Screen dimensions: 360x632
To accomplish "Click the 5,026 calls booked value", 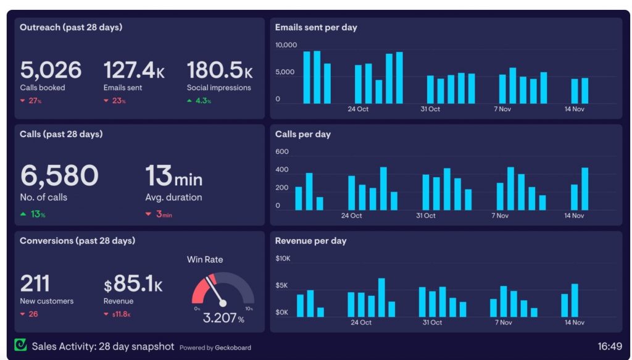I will (x=51, y=70).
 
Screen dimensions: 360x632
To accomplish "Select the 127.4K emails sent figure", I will (x=134, y=70).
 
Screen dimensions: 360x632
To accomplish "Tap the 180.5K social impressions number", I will (x=219, y=70).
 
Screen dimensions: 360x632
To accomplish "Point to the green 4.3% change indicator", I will (x=199, y=101).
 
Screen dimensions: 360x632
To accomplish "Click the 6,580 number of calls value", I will (x=59, y=175).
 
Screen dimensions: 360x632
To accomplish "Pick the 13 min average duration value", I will (x=173, y=176).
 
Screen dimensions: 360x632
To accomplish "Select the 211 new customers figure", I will (x=35, y=283).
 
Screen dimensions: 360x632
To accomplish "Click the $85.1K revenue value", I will (x=133, y=283).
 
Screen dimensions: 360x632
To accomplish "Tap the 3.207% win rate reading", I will (x=223, y=319).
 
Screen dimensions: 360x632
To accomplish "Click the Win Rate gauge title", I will (x=205, y=259).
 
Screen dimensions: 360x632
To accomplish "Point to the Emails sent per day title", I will (x=316, y=27).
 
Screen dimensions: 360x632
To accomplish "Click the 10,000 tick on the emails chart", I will (x=286, y=45).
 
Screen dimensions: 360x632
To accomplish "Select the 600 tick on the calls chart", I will (x=282, y=152).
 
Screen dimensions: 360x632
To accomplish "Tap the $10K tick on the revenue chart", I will (x=283, y=259).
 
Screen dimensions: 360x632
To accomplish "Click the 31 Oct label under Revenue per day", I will (x=432, y=322).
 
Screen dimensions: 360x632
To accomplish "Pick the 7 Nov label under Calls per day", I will (x=499, y=216).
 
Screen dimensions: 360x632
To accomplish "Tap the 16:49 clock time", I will (x=609, y=346).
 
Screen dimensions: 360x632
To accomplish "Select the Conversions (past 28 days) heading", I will (x=77, y=241).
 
